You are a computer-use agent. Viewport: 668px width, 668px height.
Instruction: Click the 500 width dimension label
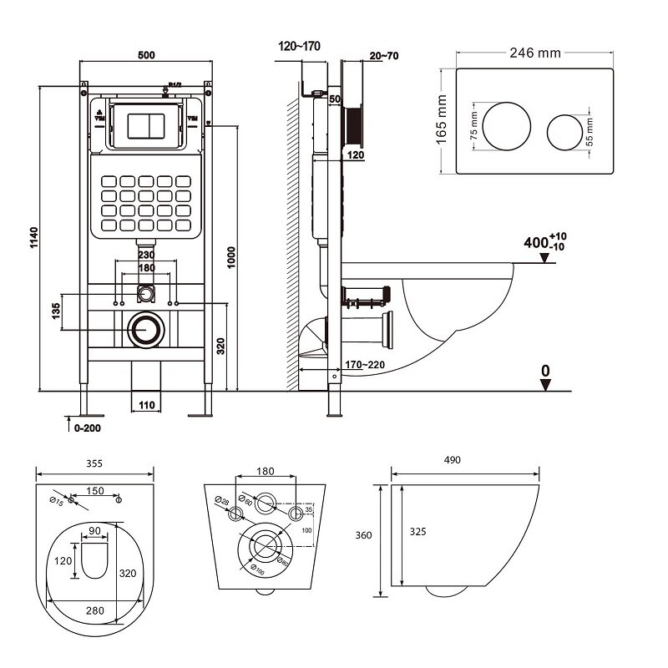click(147, 54)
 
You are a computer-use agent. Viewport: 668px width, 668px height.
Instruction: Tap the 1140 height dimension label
click(31, 238)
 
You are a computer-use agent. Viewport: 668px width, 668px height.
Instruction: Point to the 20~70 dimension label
click(382, 55)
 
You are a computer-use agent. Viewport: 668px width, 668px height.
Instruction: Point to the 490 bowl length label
click(452, 461)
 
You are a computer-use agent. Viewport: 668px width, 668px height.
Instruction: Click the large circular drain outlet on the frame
click(147, 330)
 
